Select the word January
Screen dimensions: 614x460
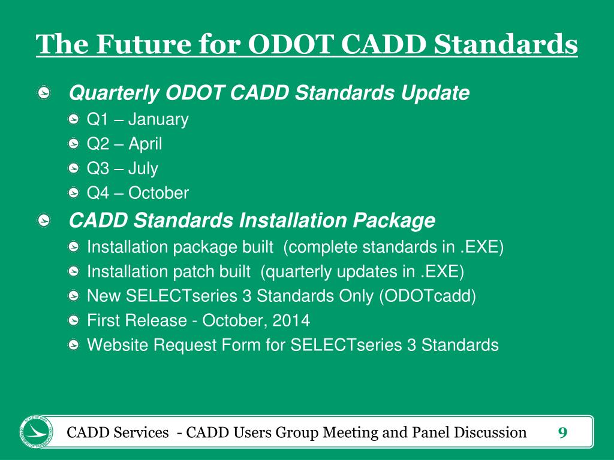[x=158, y=120]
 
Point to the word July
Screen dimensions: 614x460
[x=143, y=168]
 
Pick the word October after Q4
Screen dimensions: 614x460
[x=158, y=193]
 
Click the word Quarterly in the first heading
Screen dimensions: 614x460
[x=114, y=93]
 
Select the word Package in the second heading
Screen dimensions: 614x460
[x=394, y=220]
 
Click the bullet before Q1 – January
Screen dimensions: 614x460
[x=73, y=119]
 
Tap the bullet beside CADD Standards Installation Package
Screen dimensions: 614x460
[x=44, y=220]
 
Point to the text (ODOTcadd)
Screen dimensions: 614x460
[x=428, y=296]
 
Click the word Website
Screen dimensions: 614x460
[x=118, y=345]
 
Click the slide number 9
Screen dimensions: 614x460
[x=562, y=432]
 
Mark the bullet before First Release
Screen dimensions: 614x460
[x=73, y=320]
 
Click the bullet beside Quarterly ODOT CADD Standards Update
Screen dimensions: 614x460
[x=44, y=93]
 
